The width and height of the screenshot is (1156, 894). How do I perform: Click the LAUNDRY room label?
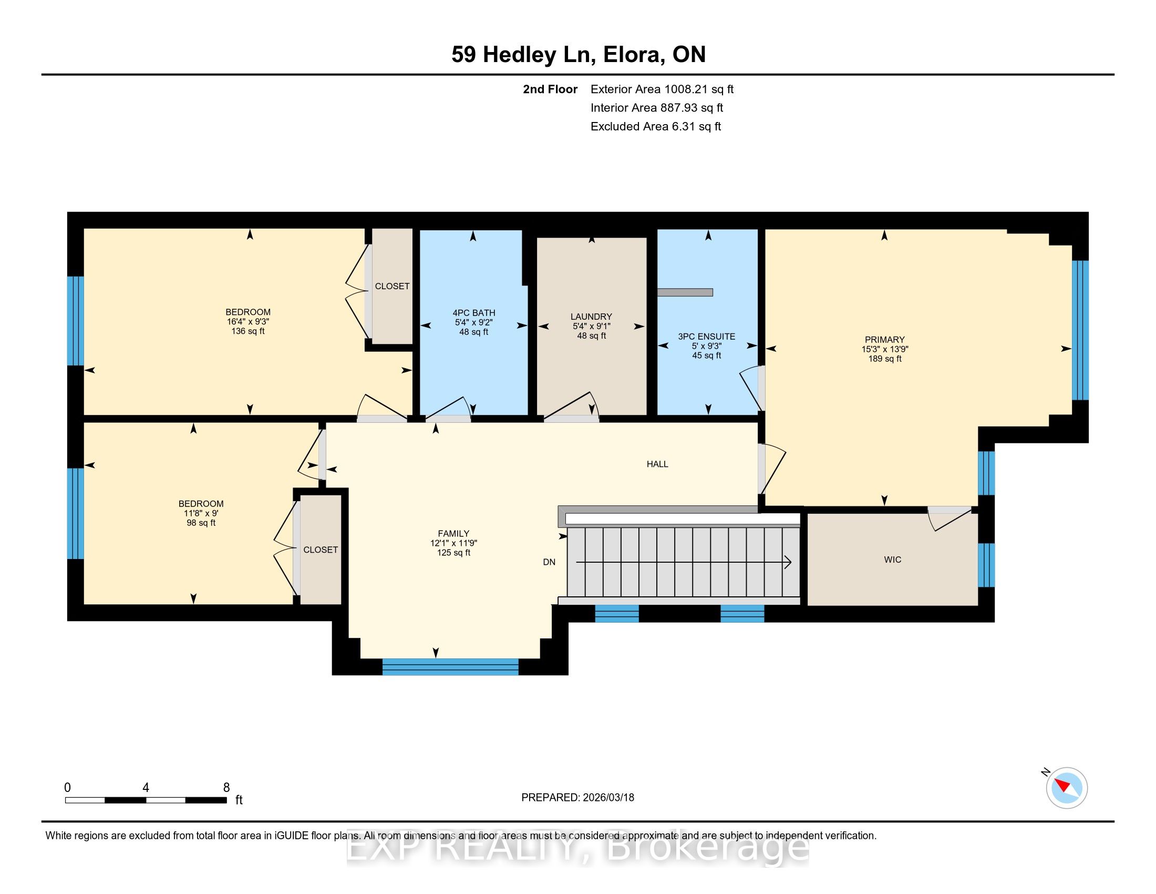591,317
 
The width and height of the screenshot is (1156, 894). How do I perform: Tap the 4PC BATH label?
473,313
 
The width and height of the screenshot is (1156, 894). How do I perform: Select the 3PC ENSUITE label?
707,337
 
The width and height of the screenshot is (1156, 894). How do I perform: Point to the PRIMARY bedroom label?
884,340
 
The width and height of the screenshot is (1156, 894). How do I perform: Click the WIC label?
892,560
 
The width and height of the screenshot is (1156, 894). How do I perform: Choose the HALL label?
657,464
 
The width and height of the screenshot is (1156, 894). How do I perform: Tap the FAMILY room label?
453,533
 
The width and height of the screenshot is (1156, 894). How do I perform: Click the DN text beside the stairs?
549,562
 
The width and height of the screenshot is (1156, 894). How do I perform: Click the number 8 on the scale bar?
226,788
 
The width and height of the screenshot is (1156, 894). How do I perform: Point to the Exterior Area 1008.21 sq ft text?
662,89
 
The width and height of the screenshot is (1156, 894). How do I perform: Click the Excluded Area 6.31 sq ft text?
656,126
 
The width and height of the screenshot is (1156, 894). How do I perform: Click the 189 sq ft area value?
884,359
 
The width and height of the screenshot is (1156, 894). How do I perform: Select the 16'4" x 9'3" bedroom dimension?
247,321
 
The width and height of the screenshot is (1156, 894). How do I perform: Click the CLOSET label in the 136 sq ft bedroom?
392,286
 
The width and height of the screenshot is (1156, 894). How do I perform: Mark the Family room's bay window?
450,666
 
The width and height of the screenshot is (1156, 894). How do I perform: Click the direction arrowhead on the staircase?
788,562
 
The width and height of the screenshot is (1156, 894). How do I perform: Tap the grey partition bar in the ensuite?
685,292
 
